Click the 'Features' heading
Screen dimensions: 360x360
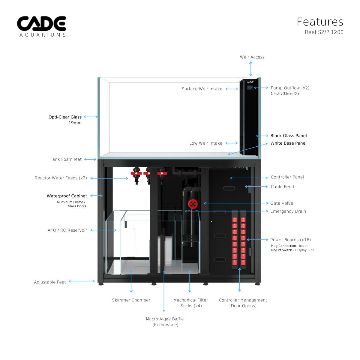[320, 22]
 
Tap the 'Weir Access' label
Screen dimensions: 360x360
[252, 57]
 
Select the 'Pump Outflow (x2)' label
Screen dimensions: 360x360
[290, 88]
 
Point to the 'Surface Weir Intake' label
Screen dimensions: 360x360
[202, 89]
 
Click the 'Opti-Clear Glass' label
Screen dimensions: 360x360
[65, 117]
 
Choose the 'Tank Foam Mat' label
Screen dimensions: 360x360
[66, 159]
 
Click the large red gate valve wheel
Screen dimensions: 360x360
[193, 204]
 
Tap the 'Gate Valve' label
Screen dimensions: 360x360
[281, 203]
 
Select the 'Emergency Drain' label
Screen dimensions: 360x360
[288, 211]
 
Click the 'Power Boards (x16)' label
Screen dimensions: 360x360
[290, 240]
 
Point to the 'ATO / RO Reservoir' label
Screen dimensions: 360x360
[67, 230]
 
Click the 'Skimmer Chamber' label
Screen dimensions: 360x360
[131, 300]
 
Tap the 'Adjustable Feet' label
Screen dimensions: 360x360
[50, 282]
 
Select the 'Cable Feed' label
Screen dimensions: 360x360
[282, 187]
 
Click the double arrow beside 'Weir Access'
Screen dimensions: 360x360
[251, 70]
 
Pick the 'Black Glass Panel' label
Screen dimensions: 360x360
[288, 136]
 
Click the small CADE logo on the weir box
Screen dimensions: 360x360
[250, 82]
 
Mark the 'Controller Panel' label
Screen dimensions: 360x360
[287, 177]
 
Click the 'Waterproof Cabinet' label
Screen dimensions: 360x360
[67, 196]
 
